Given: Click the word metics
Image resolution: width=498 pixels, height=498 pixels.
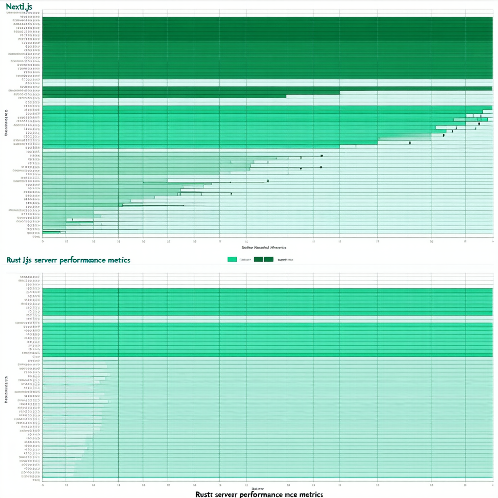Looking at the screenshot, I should click(121, 260).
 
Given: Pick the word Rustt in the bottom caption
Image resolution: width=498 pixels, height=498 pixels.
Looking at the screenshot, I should click(206, 494).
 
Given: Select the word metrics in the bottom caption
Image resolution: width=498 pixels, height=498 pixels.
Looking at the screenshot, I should click(311, 494).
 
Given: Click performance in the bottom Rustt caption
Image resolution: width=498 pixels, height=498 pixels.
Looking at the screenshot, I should click(261, 494).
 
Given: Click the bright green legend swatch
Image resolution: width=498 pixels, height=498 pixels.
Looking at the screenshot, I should click(232, 260).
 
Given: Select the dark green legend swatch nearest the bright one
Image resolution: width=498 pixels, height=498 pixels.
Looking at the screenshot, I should click(258, 260).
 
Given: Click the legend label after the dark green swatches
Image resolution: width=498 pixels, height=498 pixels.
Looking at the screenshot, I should click(285, 260).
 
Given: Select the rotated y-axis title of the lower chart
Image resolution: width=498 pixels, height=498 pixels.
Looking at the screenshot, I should click(6, 389).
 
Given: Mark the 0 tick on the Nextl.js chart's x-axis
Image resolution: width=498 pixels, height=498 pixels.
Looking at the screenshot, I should click(43, 240).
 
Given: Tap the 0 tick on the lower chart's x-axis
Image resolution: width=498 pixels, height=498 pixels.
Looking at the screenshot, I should click(43, 485).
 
